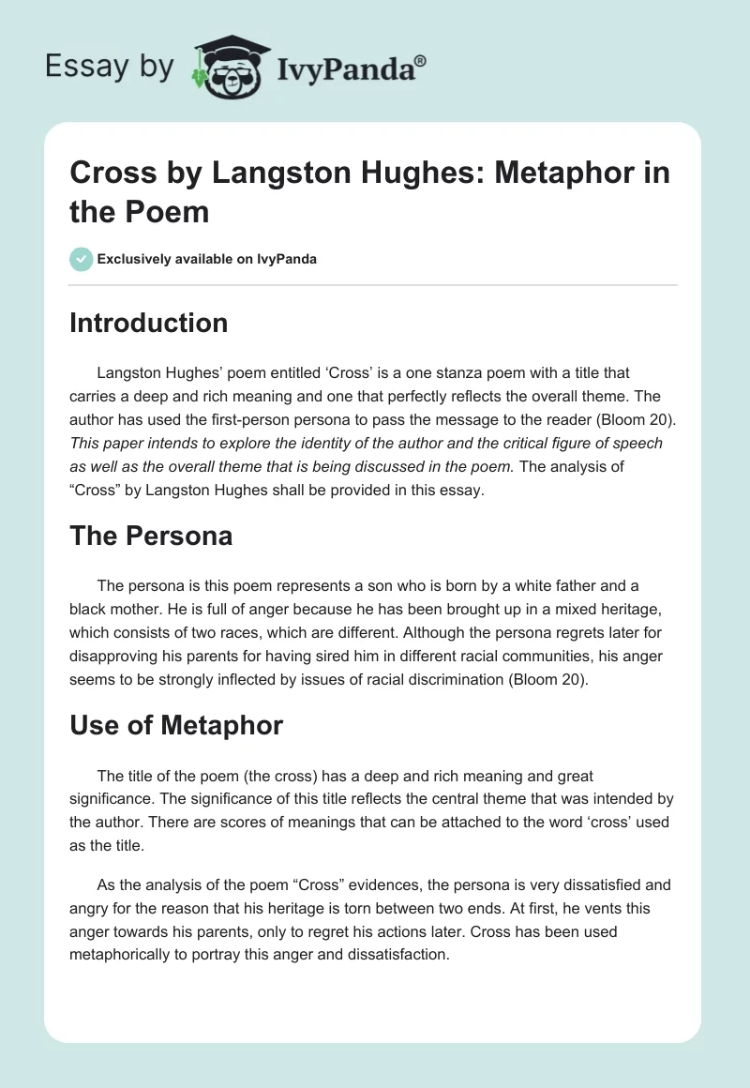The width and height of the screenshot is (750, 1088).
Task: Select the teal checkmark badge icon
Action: coord(82,259)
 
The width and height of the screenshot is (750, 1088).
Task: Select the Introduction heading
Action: coord(148,324)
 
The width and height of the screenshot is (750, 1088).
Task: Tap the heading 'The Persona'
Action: coord(151,536)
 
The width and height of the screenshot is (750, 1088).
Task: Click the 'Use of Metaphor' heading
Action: coord(176,725)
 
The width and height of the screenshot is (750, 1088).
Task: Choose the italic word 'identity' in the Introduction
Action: coord(342,443)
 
